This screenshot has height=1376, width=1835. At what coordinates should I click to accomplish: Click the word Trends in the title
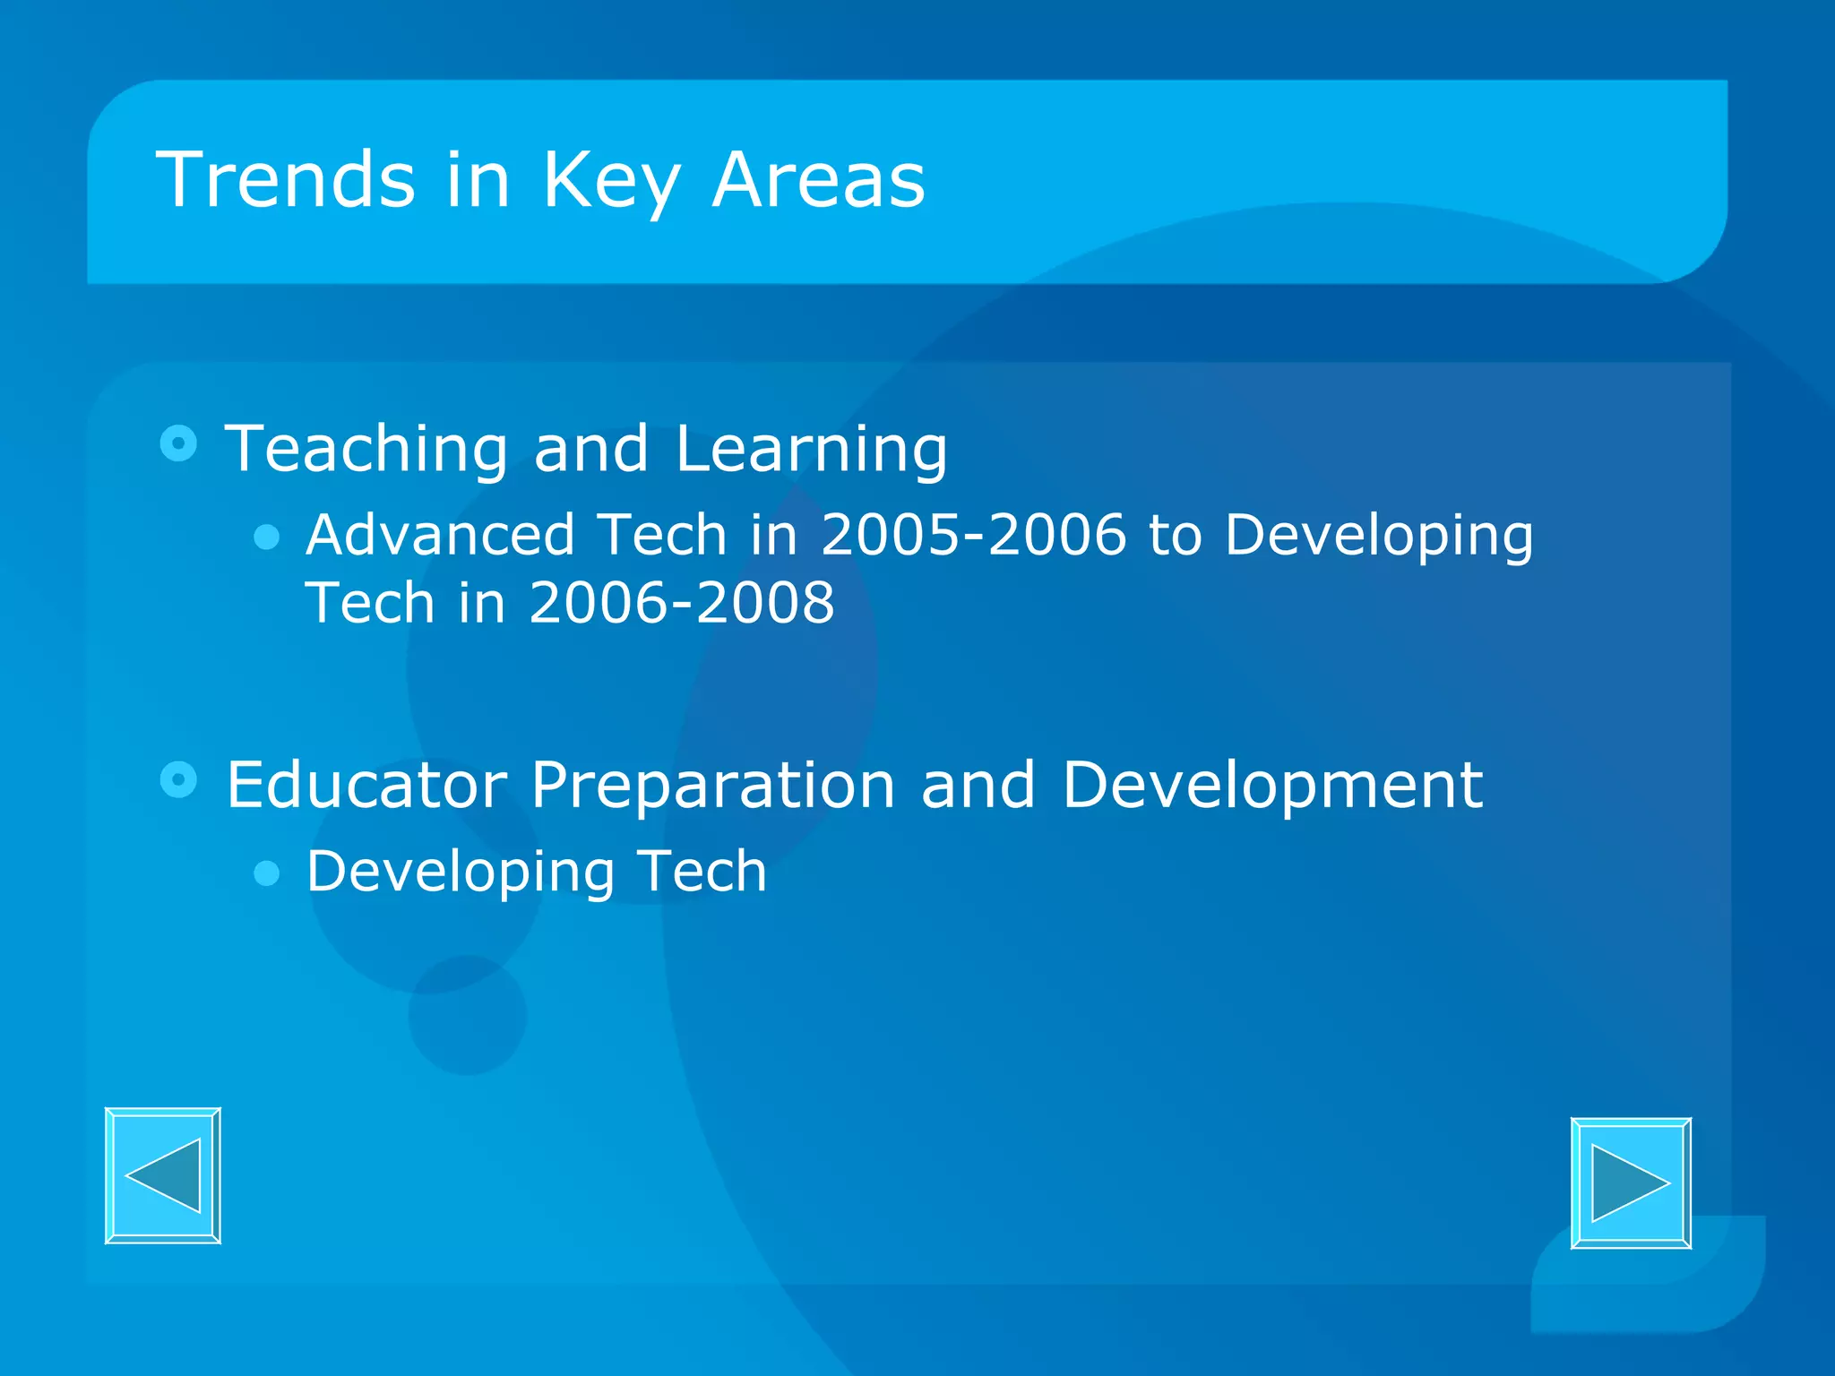285,180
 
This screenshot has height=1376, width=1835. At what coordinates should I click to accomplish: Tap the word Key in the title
611,182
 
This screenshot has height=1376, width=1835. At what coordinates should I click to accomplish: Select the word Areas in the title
817,180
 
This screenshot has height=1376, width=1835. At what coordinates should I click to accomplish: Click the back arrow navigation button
163,1175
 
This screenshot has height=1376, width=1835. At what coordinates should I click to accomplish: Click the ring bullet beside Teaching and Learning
178,443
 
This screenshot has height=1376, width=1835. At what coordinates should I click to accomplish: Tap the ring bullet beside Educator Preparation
178,779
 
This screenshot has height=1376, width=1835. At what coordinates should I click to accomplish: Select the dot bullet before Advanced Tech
267,537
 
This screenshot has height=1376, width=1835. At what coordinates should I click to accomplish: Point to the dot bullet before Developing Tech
267,873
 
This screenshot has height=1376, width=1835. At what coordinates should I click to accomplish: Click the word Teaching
366,449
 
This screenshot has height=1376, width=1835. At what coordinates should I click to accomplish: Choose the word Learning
811,451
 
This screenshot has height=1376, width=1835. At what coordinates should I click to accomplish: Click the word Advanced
440,535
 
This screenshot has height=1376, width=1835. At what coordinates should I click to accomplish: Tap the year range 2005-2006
973,535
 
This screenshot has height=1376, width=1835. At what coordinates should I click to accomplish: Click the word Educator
366,785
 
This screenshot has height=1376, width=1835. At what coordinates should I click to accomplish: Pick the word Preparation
713,787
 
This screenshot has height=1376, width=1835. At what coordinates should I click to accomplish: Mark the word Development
1271,787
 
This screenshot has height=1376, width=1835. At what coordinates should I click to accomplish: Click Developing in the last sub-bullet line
461,873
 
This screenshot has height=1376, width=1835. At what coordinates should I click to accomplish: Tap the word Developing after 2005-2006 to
1379,537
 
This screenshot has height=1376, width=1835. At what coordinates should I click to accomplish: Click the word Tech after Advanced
662,535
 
